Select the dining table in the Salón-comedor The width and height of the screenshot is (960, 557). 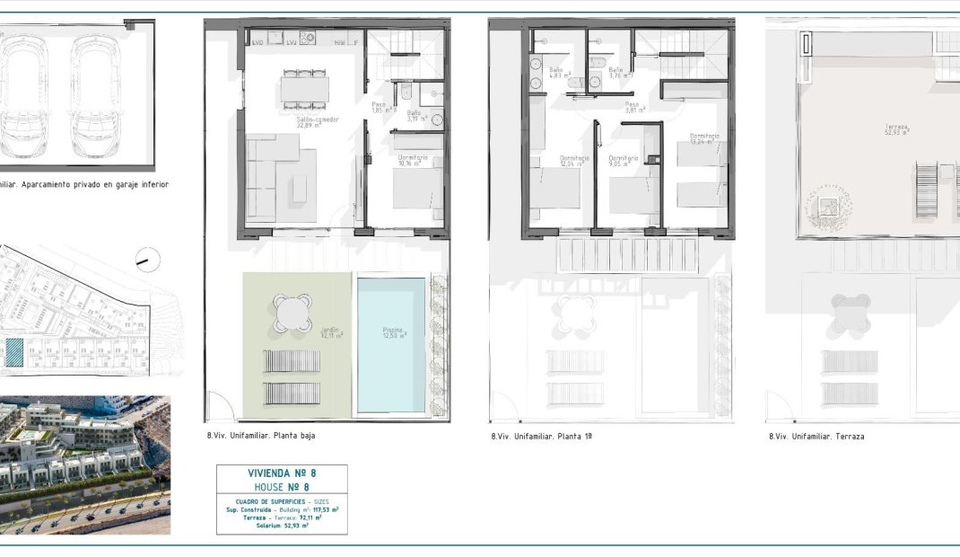coord(304,88)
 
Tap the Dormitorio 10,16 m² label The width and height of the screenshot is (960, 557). coord(413,162)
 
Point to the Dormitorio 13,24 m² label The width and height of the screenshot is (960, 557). coord(705,139)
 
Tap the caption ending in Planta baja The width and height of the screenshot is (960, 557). coord(260,436)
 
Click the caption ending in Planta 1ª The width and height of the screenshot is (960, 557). coord(541,437)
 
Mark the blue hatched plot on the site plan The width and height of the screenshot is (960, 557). coord(14,352)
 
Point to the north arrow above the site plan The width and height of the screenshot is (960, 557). coord(142,261)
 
